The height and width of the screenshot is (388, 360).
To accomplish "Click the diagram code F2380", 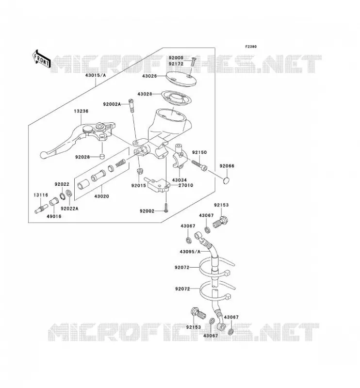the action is pos(251,47).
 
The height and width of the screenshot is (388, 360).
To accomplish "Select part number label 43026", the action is pos(149,76).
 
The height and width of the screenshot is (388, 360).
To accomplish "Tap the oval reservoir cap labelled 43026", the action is pos(181,79).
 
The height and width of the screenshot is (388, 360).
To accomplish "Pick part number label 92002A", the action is pos(112,104).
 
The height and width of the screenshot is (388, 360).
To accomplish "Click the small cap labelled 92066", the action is pos(226,180).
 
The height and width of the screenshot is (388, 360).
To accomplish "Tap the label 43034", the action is pos(179,180).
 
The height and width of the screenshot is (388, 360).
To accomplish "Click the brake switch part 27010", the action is pos(158,185).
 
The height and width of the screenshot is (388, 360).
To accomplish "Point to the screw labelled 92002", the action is pos(166,207).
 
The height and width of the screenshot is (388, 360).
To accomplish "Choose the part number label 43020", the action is pos(101,196).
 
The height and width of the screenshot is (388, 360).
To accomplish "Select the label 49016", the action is pos(54,216).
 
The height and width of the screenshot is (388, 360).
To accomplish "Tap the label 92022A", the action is pos(69,209).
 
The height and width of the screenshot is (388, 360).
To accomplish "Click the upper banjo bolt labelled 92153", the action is pos(221,222).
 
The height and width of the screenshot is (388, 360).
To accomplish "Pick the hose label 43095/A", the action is pos(190,252).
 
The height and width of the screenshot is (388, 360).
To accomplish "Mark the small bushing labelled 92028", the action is pos(102,157).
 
